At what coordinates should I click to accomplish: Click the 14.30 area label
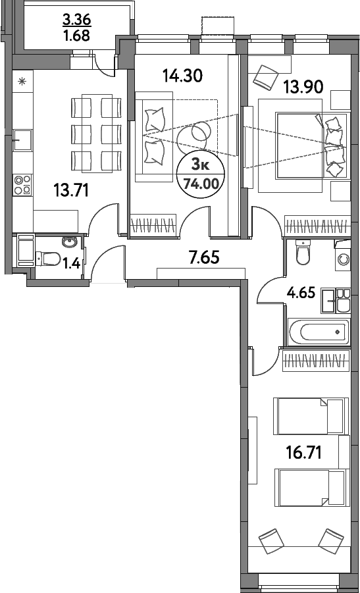[x=183, y=76]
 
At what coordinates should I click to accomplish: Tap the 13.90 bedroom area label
[x=303, y=88]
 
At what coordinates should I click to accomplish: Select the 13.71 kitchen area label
[x=70, y=191]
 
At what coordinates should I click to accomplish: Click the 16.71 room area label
[x=303, y=452]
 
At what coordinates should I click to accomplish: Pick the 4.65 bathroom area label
[x=301, y=292]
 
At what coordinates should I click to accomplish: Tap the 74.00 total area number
[x=201, y=184]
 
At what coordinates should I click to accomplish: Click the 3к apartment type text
[x=201, y=165]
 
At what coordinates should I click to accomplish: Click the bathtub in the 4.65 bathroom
[x=318, y=332]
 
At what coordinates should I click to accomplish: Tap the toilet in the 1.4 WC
[x=47, y=259]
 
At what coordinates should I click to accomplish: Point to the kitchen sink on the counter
[x=22, y=140]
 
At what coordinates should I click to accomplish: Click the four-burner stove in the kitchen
[x=22, y=184]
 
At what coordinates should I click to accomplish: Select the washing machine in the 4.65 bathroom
[x=343, y=259]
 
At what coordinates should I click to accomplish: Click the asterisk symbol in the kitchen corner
[x=22, y=80]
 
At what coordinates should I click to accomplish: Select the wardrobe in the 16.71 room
[x=316, y=360]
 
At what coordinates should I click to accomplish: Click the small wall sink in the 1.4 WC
[x=69, y=242]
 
